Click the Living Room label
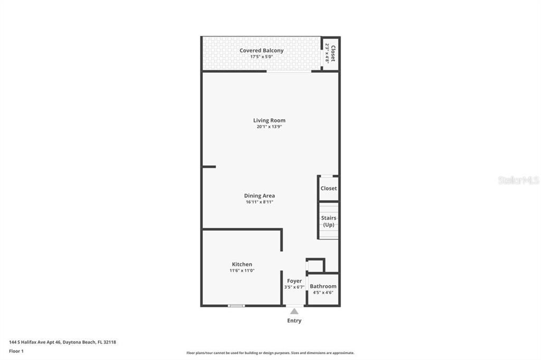(269, 120)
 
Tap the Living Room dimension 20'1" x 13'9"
(269, 127)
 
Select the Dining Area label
(259, 196)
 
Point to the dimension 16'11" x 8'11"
(259, 202)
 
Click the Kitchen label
(242, 264)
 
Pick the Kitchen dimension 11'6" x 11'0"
(242, 271)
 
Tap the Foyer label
(294, 281)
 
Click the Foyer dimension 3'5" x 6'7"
(294, 287)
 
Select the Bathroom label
(323, 286)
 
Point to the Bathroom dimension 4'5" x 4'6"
(323, 292)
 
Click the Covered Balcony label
(262, 51)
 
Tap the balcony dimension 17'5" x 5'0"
(262, 56)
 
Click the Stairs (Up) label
(329, 221)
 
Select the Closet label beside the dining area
(329, 188)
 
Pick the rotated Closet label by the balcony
(333, 53)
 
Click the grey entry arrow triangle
(294, 311)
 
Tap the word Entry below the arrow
(294, 320)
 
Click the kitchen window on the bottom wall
(236, 306)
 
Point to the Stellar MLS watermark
(518, 181)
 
